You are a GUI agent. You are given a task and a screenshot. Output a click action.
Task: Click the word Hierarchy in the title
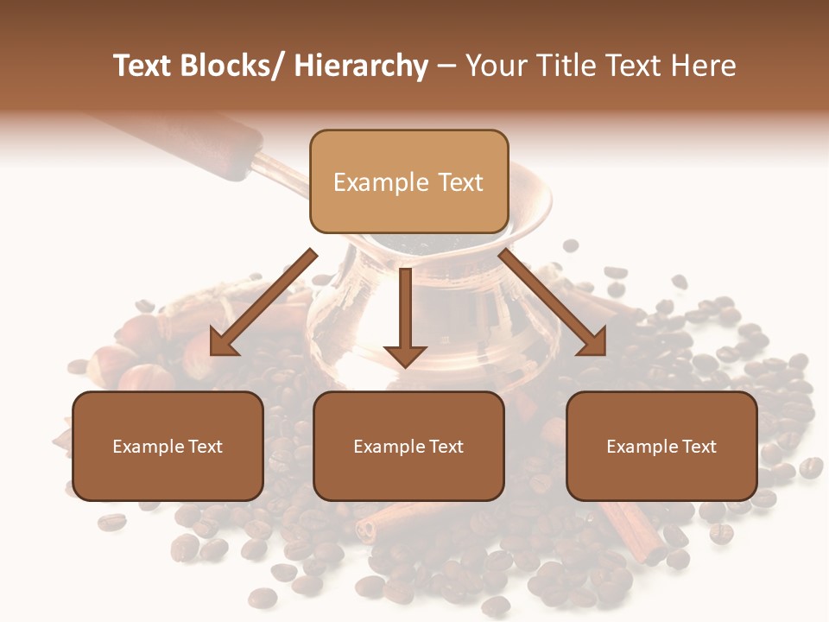point(361,67)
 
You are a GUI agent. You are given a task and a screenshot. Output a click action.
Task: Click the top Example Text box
point(408,181)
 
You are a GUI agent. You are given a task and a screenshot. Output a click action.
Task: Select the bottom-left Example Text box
point(168,446)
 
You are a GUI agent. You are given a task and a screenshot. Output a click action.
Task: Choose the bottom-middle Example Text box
point(408,446)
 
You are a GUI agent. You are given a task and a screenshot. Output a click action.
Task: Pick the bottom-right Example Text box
point(661,446)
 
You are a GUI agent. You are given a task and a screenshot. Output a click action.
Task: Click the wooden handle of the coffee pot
point(207,143)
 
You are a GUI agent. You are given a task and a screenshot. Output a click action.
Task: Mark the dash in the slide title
point(446,67)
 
